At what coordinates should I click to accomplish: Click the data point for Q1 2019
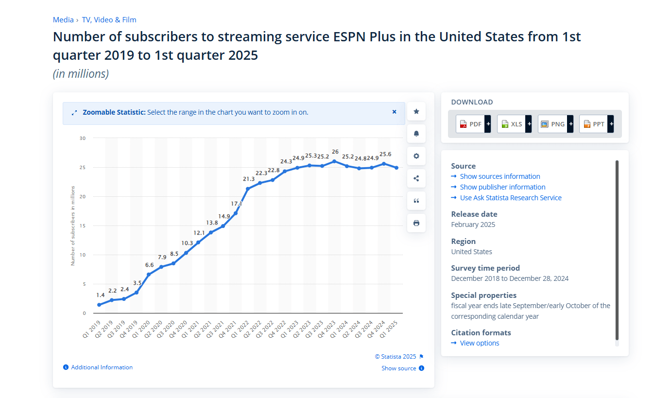click(x=99, y=305)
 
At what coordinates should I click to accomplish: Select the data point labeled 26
click(x=334, y=161)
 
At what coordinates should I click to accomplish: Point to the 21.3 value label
click(x=249, y=179)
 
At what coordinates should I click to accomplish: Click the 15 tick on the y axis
click(x=83, y=225)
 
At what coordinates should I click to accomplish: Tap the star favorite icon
click(x=416, y=111)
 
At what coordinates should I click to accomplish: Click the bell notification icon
click(x=416, y=134)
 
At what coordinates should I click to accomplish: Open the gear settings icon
click(x=416, y=156)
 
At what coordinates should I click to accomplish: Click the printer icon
click(x=416, y=223)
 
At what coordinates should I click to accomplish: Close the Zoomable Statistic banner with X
click(x=395, y=112)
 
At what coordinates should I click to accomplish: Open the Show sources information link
click(x=500, y=176)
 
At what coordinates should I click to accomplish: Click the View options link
click(x=479, y=343)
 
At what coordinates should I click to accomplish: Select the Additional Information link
click(x=102, y=367)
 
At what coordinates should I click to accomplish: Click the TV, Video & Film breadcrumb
click(x=109, y=20)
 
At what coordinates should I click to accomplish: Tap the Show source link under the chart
click(x=399, y=368)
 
